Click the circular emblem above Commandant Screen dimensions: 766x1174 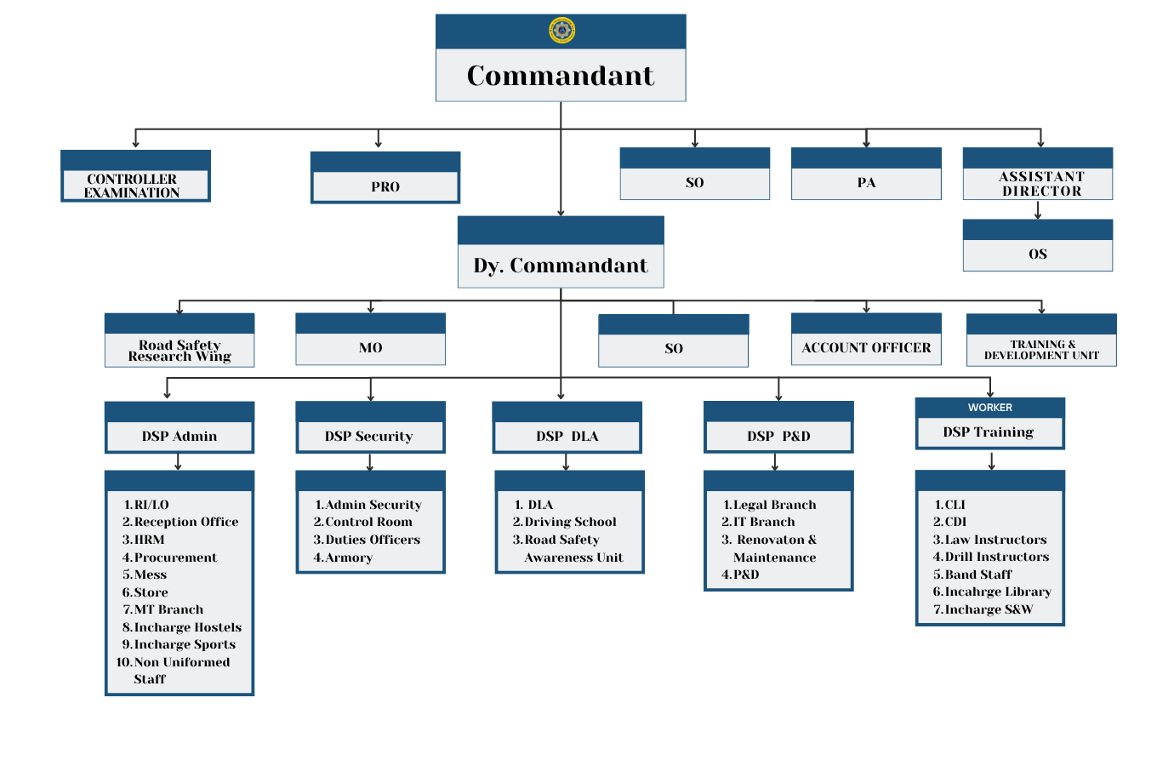coord(561,31)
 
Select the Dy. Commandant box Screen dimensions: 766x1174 coord(561,265)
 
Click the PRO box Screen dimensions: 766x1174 coord(385,186)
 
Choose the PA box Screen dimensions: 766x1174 coord(866,182)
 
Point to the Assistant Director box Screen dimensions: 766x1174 coord(1038,182)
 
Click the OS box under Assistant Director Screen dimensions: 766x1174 coord(1038,254)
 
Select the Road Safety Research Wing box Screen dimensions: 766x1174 coord(180,350)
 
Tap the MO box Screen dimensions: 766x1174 coord(371,347)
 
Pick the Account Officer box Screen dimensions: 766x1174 coord(866,347)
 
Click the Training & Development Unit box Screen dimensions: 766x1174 coord(1041,349)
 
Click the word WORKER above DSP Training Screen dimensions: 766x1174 coord(990,408)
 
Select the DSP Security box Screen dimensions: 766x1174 coord(370,436)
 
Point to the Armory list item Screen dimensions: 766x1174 coord(349,557)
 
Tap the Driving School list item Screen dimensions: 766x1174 coord(570,522)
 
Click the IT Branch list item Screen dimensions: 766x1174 coord(764,522)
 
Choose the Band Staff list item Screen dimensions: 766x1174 coord(978,574)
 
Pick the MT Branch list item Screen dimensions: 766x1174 coord(168,609)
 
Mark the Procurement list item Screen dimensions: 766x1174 coord(175,557)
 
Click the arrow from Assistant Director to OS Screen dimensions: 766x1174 coord(1038,210)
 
